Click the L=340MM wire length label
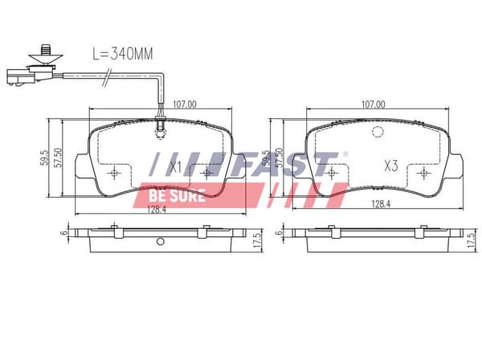point(123,54)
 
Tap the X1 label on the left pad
point(175,167)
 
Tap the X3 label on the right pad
point(391,166)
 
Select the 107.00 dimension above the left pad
point(185,104)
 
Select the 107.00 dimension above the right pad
point(374,104)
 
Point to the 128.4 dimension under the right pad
point(381,204)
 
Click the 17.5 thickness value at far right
point(471,240)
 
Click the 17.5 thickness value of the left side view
point(257,240)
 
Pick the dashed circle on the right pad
point(378,132)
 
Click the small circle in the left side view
point(160,241)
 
